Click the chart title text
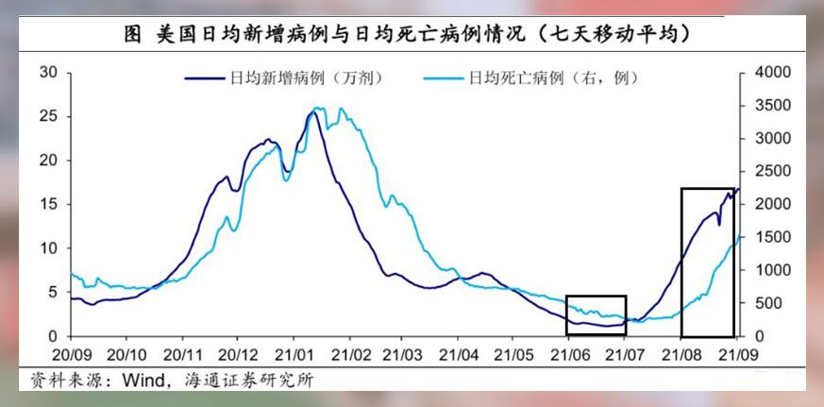[407, 34]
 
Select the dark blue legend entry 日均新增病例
[284, 79]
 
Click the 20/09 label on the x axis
[71, 355]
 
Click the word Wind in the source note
[143, 381]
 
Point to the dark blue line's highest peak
[312, 112]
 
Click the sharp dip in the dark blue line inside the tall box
[719, 225]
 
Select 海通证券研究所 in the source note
[248, 381]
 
